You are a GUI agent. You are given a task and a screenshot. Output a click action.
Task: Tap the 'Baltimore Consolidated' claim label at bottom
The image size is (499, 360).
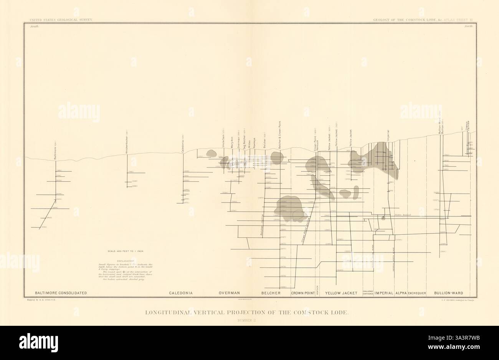[61, 293]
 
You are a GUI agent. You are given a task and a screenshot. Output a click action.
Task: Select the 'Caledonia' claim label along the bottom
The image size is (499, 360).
[181, 293]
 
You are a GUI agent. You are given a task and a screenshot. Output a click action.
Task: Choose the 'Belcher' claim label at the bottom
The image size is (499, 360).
[271, 293]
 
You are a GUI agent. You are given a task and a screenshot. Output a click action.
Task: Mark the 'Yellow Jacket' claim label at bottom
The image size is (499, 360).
[341, 293]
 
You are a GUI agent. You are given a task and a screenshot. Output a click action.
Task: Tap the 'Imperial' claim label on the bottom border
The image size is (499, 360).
[384, 293]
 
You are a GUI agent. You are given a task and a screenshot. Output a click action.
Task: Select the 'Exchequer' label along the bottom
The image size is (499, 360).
[417, 293]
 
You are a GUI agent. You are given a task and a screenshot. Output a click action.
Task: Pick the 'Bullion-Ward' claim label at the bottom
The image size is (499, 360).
[447, 293]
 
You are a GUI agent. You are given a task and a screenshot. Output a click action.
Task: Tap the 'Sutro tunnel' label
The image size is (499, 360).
[403, 215]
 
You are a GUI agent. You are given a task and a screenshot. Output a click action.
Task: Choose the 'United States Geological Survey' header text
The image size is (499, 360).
[59, 19]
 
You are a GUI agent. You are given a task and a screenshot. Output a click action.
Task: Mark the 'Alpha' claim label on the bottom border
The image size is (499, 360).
[401, 293]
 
